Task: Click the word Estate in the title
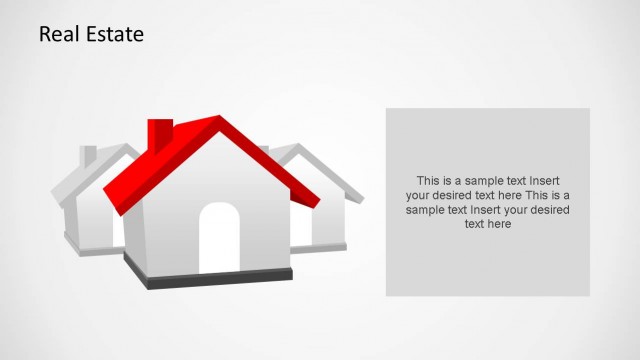click(x=114, y=34)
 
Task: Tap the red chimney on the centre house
click(x=160, y=135)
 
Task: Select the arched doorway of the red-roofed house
click(x=219, y=239)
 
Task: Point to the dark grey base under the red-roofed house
click(x=210, y=278)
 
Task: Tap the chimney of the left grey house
click(x=89, y=156)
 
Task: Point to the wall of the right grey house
click(x=327, y=220)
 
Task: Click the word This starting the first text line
click(x=428, y=181)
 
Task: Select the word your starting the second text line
click(x=419, y=196)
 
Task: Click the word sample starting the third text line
click(x=425, y=210)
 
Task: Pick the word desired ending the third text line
click(x=551, y=210)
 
